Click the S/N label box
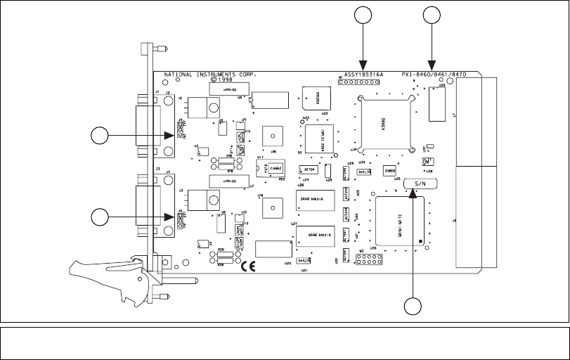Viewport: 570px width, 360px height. (x=421, y=183)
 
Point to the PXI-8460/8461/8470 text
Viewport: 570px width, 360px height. (x=434, y=73)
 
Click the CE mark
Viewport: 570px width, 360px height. (x=248, y=266)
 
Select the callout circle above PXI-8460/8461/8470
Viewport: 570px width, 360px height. (x=430, y=14)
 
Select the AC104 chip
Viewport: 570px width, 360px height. (x=309, y=169)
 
